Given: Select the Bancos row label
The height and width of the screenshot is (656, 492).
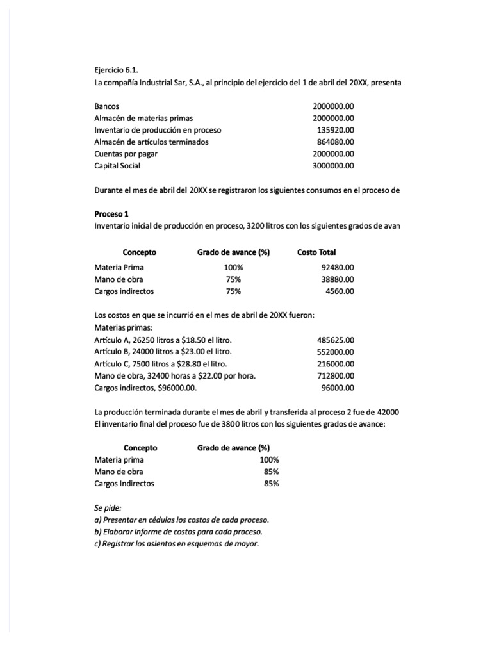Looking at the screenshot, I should click(x=106, y=106).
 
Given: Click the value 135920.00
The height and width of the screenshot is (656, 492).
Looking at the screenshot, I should click(x=336, y=130).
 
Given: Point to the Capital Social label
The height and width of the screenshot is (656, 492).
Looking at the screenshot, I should click(x=117, y=165).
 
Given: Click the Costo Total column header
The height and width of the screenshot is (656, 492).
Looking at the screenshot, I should click(x=316, y=252).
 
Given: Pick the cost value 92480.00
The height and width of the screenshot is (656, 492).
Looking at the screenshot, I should click(x=338, y=268).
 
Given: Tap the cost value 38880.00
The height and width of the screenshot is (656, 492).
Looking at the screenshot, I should click(x=338, y=279).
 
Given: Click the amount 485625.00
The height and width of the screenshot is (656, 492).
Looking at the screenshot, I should click(x=336, y=340).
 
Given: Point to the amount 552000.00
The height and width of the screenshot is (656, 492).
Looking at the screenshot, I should click(x=336, y=352).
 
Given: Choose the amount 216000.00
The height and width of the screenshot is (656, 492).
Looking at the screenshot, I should click(x=336, y=364).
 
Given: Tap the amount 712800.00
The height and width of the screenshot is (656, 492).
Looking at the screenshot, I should click(x=336, y=375).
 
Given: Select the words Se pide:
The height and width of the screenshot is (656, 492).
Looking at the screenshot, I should click(x=108, y=508).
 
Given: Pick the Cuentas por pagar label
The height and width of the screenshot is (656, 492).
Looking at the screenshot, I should click(x=126, y=154).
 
